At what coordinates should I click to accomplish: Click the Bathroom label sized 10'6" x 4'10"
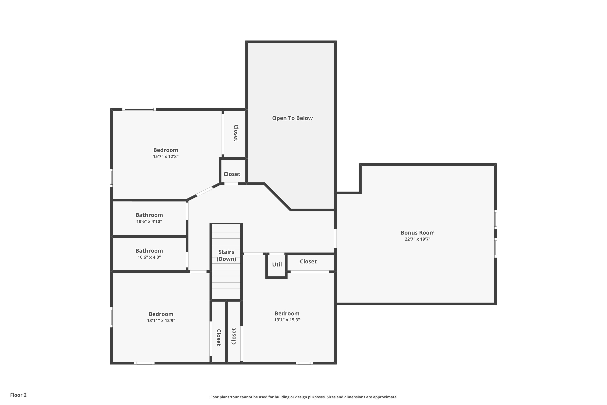coord(149,215)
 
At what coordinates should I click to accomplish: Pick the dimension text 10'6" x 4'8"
coord(149,257)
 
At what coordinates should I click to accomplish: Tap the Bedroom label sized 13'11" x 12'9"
coord(161,314)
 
